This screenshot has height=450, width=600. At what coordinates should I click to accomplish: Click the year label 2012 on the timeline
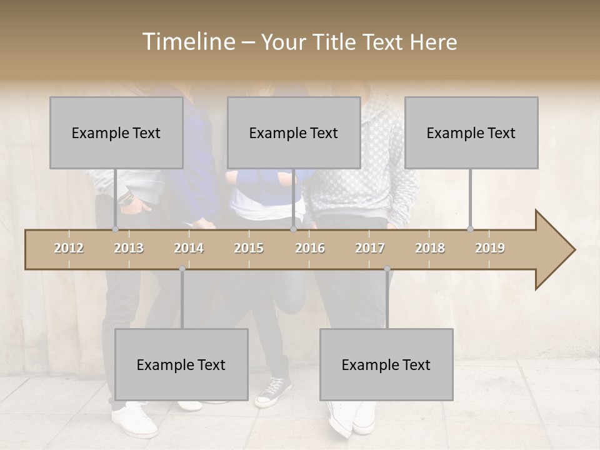[69, 248]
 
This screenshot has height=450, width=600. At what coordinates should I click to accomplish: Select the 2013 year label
[129, 248]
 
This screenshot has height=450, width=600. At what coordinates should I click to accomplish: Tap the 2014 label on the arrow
[189, 248]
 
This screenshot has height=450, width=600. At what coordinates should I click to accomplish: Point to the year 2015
[249, 248]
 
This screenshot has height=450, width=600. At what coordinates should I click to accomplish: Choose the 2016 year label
[310, 248]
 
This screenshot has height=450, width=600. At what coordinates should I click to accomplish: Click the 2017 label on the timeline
[370, 248]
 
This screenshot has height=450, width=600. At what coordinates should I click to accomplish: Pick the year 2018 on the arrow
[430, 248]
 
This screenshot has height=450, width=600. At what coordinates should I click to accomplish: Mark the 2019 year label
[490, 248]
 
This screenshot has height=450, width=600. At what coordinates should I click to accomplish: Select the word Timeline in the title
[188, 42]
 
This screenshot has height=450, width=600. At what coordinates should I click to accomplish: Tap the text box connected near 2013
[116, 132]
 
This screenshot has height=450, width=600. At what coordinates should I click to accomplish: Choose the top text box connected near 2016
[294, 132]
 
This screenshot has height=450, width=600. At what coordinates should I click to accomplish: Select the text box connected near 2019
[471, 132]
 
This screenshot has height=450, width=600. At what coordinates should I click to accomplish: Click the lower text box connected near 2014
[181, 364]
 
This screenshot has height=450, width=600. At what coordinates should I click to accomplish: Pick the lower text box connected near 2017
[386, 364]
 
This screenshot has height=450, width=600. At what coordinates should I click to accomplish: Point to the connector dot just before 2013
[115, 229]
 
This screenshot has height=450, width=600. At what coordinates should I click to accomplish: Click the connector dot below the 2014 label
[182, 269]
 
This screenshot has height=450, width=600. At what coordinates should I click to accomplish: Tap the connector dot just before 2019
[470, 229]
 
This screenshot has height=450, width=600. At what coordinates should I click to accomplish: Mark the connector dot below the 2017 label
[387, 269]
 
